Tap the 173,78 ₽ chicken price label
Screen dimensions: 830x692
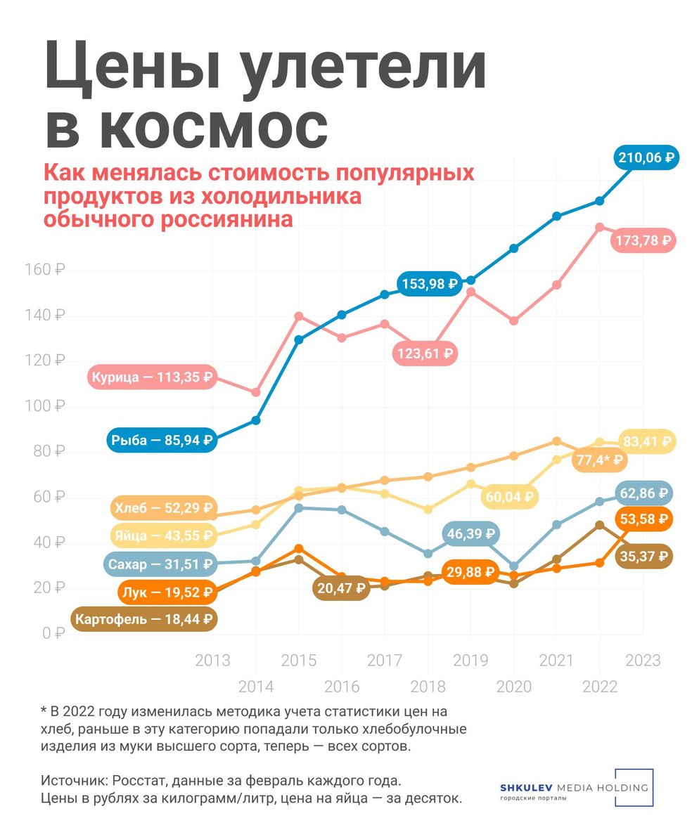point(643,240)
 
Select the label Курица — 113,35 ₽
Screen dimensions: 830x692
point(152,377)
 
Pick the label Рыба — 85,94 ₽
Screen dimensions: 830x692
point(161,440)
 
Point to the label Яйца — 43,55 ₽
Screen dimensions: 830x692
point(162,536)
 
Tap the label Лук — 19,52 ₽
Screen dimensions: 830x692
point(167,592)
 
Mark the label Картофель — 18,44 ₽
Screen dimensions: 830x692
point(144,619)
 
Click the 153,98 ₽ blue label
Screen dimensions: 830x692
point(430,284)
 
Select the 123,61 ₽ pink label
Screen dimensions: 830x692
point(425,353)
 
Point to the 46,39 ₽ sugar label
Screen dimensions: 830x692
point(470,534)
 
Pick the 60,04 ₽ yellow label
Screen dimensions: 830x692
point(509,497)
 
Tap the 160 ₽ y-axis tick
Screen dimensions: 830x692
point(48,270)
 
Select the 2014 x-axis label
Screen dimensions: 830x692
point(256,687)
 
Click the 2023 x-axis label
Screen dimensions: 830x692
point(643,661)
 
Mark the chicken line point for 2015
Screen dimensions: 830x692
point(299,316)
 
